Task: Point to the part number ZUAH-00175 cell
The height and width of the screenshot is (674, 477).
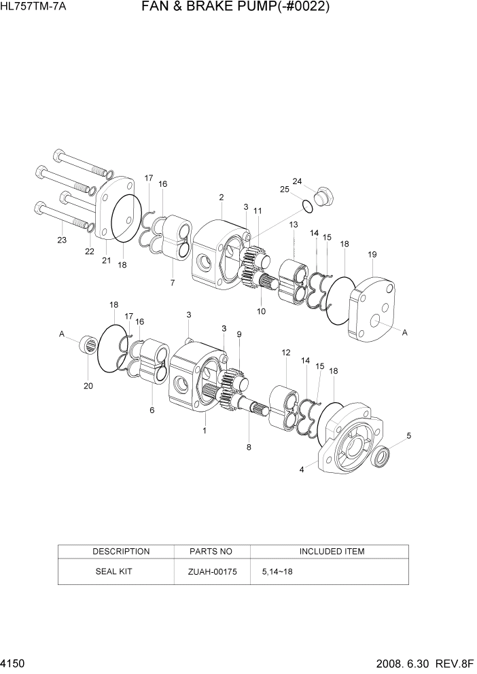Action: click(x=212, y=571)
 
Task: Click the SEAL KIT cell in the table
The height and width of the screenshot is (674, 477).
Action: click(x=113, y=571)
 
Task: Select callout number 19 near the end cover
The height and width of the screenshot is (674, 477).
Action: click(x=372, y=254)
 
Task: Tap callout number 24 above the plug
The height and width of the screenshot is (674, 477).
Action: click(x=297, y=181)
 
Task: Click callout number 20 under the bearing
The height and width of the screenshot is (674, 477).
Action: click(x=88, y=386)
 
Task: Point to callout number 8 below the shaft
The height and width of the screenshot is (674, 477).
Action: click(x=249, y=447)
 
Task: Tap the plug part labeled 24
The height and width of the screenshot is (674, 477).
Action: click(x=323, y=197)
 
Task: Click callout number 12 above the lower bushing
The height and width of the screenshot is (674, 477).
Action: click(x=285, y=353)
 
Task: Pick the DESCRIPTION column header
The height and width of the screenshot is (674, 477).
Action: click(x=121, y=551)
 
